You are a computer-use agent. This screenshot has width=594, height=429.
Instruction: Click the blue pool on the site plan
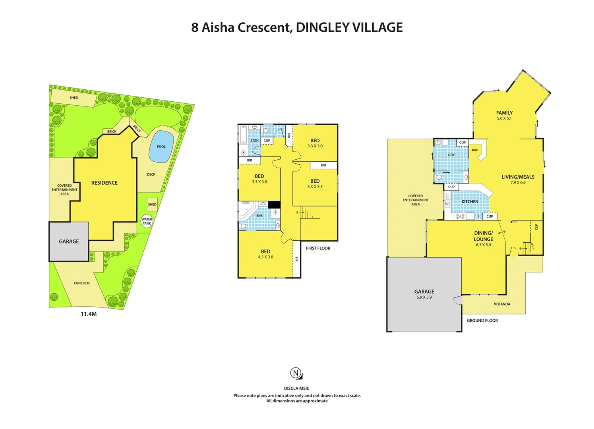(x=161, y=147)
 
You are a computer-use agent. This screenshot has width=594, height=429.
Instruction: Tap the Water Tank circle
(x=147, y=221)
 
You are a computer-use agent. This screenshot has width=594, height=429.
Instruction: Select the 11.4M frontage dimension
(x=89, y=314)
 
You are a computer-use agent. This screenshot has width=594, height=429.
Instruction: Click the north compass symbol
(x=295, y=373)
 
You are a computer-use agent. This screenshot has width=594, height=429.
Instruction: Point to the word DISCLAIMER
(x=296, y=388)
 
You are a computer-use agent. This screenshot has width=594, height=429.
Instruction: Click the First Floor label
(x=318, y=248)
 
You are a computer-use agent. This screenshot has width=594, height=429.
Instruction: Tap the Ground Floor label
(x=482, y=321)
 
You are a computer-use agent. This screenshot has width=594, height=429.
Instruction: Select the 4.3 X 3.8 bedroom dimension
(x=265, y=257)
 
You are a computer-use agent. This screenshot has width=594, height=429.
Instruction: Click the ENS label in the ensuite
(x=259, y=216)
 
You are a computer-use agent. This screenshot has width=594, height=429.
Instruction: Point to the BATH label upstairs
(x=254, y=141)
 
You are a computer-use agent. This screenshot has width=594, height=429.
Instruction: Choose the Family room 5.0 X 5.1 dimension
(x=504, y=118)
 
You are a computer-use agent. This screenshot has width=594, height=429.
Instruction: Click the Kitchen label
(x=470, y=202)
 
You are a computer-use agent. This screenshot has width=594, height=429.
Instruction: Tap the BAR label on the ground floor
(x=475, y=150)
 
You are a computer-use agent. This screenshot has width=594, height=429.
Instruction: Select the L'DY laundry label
(x=451, y=155)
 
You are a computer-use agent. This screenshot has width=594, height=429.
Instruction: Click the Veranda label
(x=502, y=304)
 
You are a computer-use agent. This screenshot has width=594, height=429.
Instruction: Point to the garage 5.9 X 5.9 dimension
(x=424, y=297)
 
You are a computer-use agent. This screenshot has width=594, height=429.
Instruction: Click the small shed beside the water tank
(x=152, y=205)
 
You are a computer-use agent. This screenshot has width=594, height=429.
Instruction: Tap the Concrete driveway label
(x=82, y=283)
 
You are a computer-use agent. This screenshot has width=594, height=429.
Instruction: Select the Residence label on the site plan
(x=104, y=183)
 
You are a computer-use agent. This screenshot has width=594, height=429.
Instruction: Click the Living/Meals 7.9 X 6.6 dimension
(x=518, y=183)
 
